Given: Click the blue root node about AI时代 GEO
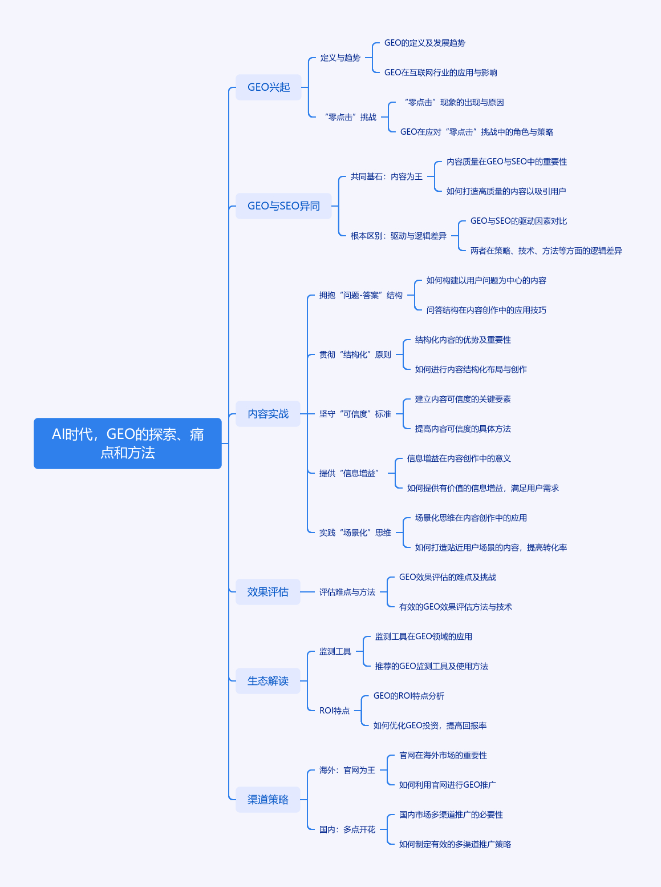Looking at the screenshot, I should [x=127, y=443].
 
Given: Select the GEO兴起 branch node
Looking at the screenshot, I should [x=269, y=87].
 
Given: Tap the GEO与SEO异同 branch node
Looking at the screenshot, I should [x=283, y=206].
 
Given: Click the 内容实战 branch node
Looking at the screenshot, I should [x=268, y=414].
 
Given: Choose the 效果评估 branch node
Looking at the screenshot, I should [x=268, y=592].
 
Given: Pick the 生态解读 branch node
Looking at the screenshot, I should [x=268, y=681].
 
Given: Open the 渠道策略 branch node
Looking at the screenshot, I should [x=268, y=800].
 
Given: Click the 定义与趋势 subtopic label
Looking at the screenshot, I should [x=340, y=58].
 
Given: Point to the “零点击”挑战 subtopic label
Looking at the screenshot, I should [x=350, y=117].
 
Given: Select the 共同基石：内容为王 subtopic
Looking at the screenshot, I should [x=387, y=176].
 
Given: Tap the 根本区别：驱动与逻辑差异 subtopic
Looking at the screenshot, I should [x=398, y=236].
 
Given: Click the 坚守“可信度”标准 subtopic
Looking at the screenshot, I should [x=355, y=414].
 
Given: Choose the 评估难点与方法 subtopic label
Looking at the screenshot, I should [x=347, y=592].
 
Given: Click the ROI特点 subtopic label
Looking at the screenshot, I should [x=334, y=711].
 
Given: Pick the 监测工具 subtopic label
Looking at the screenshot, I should [x=335, y=651].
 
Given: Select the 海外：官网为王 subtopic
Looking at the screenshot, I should [x=347, y=770].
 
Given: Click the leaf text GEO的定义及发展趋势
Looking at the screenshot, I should [x=424, y=43].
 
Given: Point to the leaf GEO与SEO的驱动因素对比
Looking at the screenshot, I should [x=518, y=221].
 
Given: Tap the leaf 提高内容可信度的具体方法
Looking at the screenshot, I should [x=463, y=429].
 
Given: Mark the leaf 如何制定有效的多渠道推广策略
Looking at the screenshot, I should [x=455, y=844].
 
